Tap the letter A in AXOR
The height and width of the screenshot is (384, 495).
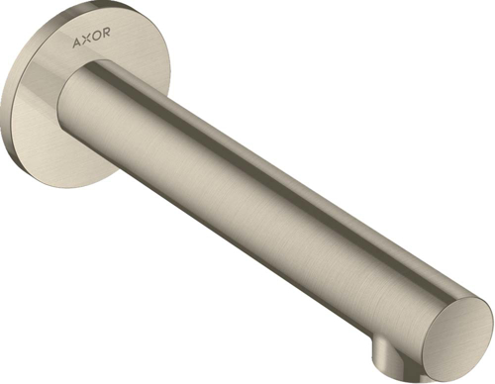[75, 44]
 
